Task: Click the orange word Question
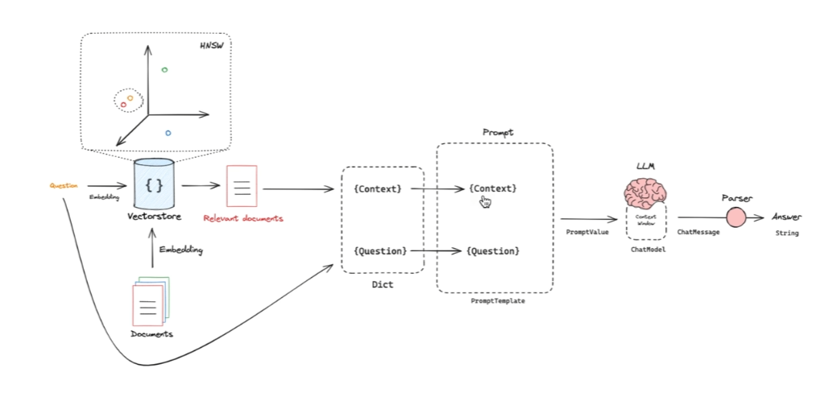tap(64, 186)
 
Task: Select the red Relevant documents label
tap(242, 218)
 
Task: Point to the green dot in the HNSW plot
tap(164, 70)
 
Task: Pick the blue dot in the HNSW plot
tap(168, 133)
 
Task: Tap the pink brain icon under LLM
tap(645, 192)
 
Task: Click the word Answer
tap(786, 217)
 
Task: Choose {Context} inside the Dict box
tap(377, 189)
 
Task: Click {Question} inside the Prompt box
tap(492, 251)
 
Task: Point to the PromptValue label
tap(587, 232)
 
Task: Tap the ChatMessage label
tap(698, 232)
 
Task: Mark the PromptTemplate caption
tap(495, 300)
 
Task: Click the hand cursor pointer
tap(486, 201)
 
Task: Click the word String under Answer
tap(787, 234)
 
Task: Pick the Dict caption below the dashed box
tap(383, 284)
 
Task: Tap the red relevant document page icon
tap(242, 184)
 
